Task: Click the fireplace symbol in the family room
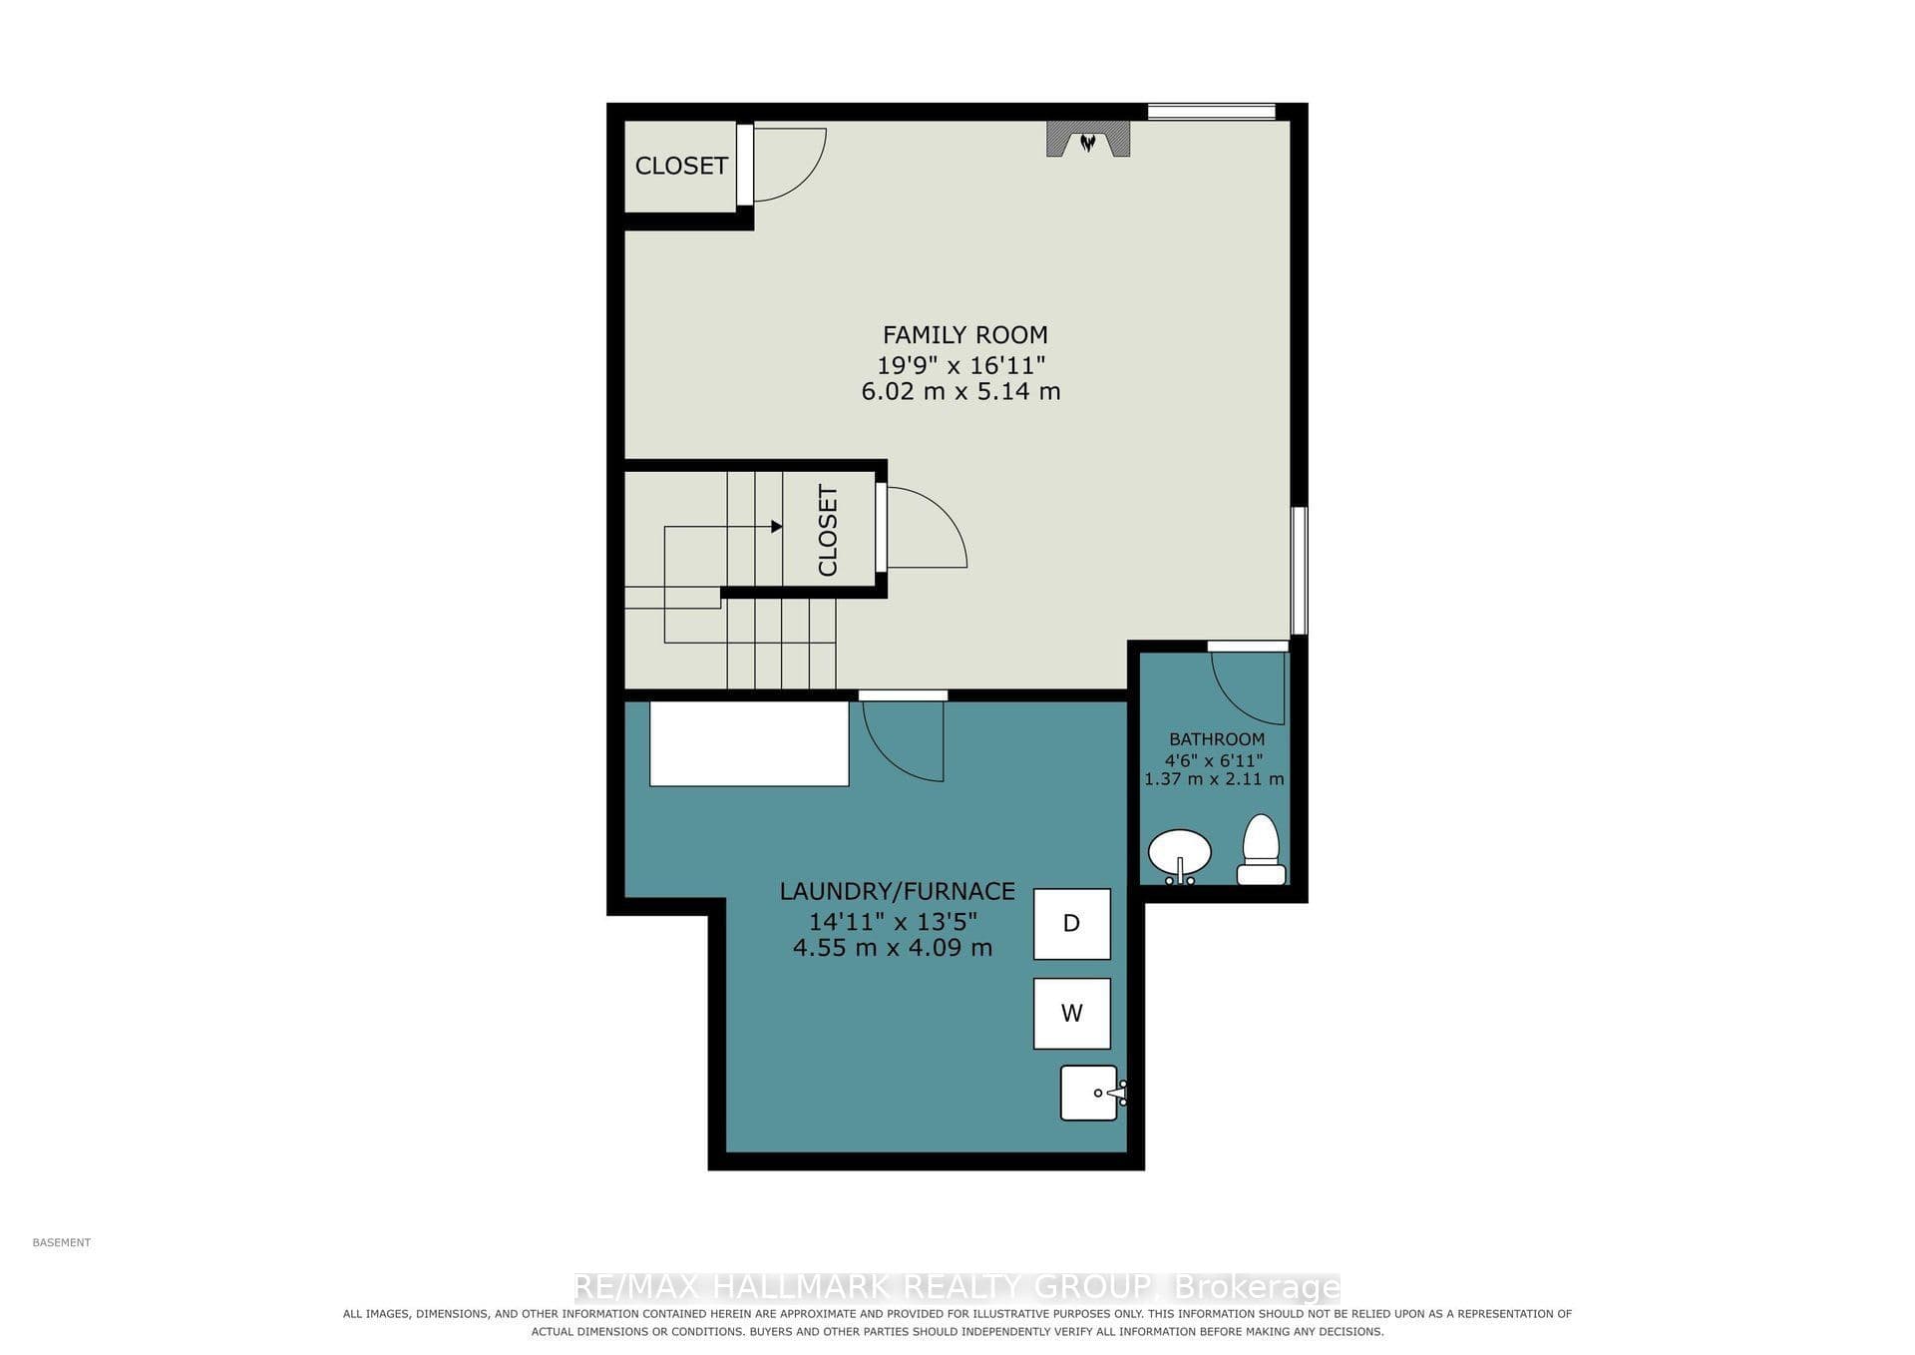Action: [x=1088, y=139]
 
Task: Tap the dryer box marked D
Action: [x=1072, y=924]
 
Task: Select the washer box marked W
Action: [x=1072, y=1014]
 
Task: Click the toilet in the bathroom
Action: [x=1262, y=850]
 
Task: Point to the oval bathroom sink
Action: [x=1180, y=854]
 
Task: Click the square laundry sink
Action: [x=1090, y=1093]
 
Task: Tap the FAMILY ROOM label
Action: [x=965, y=335]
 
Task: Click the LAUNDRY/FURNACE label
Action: [x=898, y=891]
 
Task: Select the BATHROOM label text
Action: [x=1217, y=739]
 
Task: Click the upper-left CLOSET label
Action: [x=681, y=166]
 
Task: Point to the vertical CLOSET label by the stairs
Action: [x=828, y=531]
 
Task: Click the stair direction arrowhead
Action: [x=777, y=527]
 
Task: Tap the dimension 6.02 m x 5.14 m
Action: [x=960, y=391]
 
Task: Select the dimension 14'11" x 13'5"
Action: [x=894, y=920]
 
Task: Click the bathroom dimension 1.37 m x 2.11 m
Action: [x=1214, y=779]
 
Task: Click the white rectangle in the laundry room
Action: [x=749, y=743]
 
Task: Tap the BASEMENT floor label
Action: [x=62, y=1242]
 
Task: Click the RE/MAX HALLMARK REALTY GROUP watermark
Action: [x=957, y=1287]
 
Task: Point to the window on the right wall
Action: [x=1299, y=571]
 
